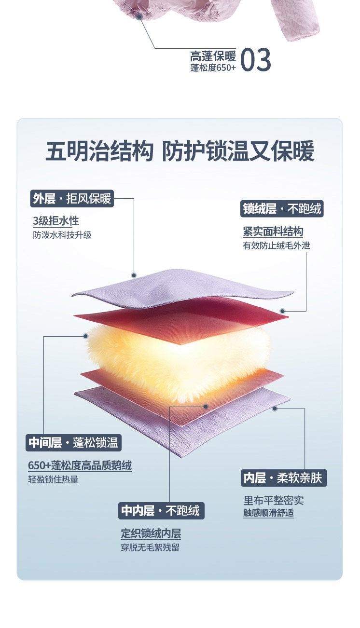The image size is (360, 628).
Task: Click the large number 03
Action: [255, 60]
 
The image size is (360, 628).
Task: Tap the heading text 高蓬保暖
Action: [212, 56]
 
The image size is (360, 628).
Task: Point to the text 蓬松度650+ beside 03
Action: [213, 68]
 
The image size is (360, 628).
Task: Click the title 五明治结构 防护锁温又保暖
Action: [180, 151]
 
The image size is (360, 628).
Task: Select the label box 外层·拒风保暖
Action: [72, 198]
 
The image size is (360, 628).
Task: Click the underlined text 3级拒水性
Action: [55, 221]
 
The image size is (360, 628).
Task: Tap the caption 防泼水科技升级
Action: [62, 235]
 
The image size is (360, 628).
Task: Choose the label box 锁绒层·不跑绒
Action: [282, 209]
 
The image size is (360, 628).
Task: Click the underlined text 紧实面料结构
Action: [273, 232]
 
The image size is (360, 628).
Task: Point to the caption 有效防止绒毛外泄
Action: [276, 246]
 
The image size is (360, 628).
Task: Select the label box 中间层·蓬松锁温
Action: [73, 443]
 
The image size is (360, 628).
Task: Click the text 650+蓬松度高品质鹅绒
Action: [80, 466]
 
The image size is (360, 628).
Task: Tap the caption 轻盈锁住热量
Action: [53, 480]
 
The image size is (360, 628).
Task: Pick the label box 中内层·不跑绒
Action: [161, 511]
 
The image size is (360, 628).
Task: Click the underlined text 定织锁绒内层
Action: [151, 534]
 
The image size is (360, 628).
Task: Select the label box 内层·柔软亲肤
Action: [283, 478]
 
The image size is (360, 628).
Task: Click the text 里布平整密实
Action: [273, 501]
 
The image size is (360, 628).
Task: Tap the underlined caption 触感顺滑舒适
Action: [268, 513]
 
